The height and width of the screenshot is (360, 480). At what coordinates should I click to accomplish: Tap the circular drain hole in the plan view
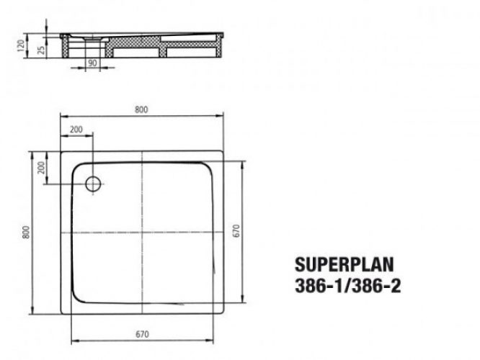pyautogui.click(x=93, y=184)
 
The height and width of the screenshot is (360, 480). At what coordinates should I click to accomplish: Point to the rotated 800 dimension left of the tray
pyautogui.click(x=26, y=233)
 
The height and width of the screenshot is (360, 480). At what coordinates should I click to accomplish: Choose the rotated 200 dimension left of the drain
pyautogui.click(x=41, y=168)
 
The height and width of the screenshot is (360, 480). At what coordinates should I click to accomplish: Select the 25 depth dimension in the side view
pyautogui.click(x=42, y=49)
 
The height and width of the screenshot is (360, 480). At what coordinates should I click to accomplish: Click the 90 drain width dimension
pyautogui.click(x=92, y=63)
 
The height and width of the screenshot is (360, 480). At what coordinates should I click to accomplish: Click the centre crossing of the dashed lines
pyautogui.click(x=143, y=233)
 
